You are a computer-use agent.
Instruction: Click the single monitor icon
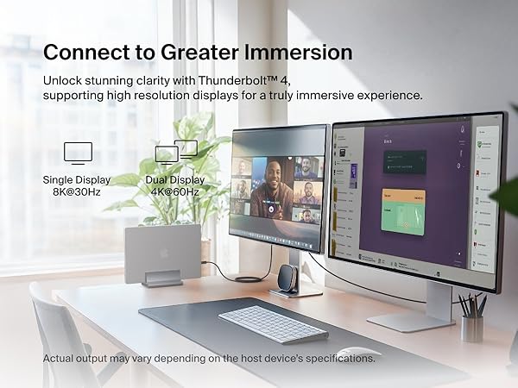tap(78, 154)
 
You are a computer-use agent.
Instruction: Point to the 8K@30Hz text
tap(77, 191)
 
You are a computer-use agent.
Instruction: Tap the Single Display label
tap(77, 179)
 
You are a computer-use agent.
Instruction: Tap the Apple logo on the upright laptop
tap(161, 254)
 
